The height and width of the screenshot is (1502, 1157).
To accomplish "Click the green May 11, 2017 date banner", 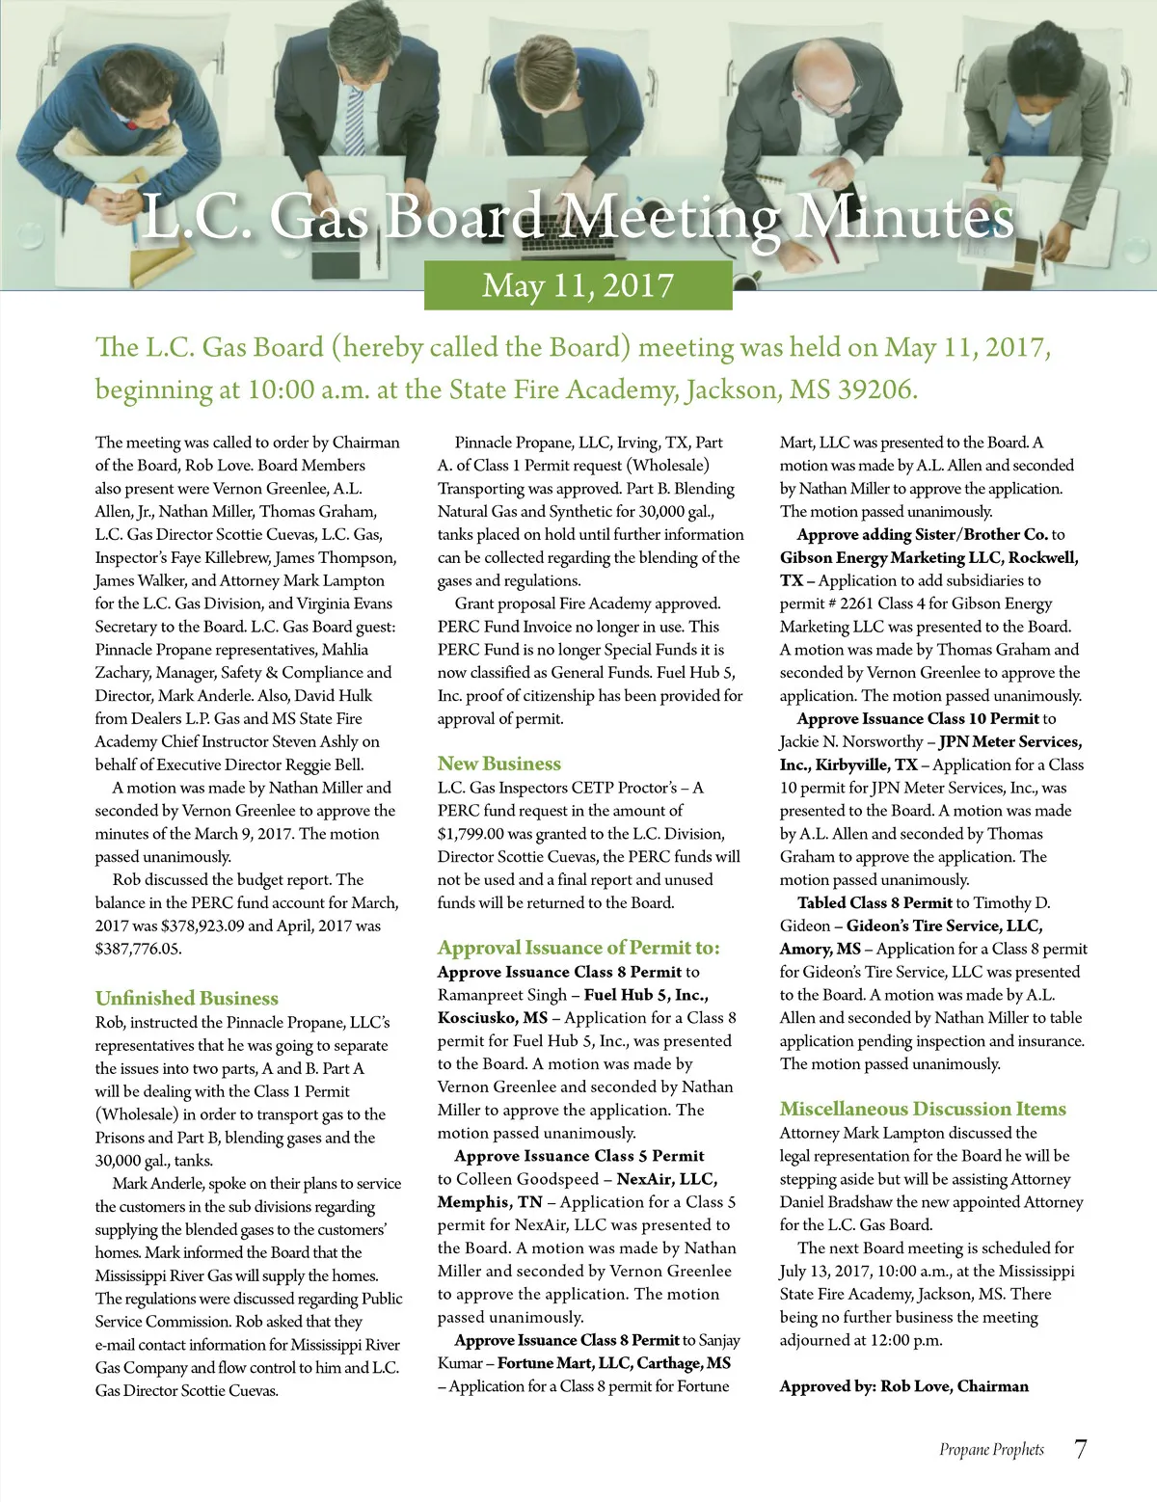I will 578,285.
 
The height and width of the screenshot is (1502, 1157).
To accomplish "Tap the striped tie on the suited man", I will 355,121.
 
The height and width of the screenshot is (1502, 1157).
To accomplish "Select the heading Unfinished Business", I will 186,998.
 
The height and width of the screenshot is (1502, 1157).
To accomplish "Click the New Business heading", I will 498,764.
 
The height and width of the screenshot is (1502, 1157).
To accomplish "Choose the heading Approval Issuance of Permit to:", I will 578,948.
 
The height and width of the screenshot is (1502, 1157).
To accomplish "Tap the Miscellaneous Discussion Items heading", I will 923,1109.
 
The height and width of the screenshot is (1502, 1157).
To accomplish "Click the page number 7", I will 1080,1449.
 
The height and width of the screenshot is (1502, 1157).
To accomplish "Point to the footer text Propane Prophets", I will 991,1450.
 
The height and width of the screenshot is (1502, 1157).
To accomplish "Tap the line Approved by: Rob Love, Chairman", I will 903,1386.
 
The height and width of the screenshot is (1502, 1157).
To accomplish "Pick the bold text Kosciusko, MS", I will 492,1018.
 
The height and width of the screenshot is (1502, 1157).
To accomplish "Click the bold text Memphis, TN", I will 490,1202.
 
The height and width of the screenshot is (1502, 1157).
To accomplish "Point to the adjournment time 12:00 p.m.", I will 902,1340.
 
